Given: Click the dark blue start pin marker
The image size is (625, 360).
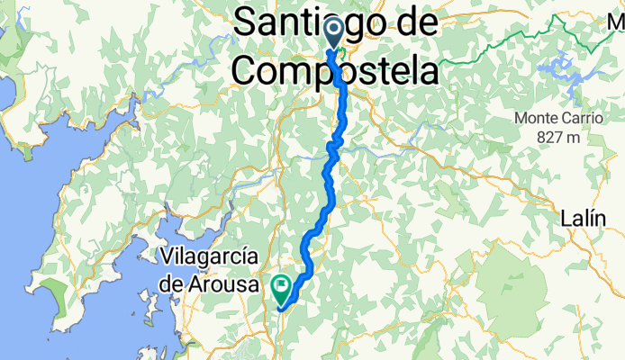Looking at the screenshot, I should pyautogui.click(x=332, y=33).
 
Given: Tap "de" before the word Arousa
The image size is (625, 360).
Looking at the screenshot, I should pyautogui.click(x=176, y=283).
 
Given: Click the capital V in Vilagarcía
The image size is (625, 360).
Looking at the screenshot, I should pyautogui.click(x=166, y=256).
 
